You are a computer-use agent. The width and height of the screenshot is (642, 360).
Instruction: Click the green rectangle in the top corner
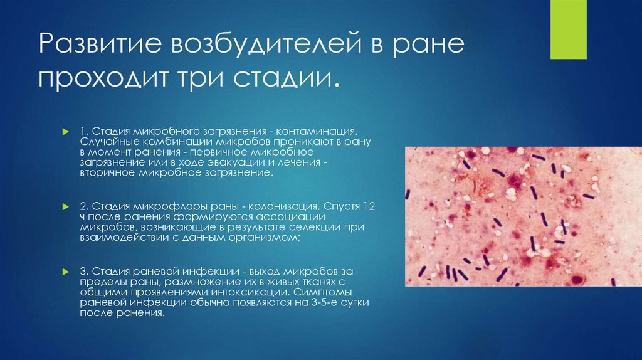pos(568,29)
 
